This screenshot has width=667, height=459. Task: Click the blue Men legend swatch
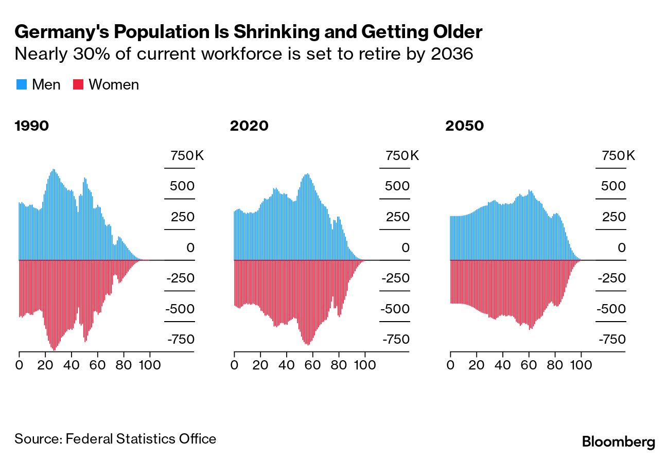[x=22, y=84]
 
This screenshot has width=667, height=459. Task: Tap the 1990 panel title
[x=32, y=126]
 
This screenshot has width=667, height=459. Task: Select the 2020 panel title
[x=249, y=126]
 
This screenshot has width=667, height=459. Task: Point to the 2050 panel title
[x=465, y=126]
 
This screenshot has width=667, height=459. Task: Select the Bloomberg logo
[x=618, y=442]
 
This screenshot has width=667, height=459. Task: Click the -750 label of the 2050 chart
[x=612, y=340]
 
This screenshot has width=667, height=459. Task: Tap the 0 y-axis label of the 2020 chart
[x=406, y=248]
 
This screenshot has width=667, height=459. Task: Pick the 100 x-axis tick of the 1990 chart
[x=150, y=365]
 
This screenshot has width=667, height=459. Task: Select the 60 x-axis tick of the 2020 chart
[x=312, y=365]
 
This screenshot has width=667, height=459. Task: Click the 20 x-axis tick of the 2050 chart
[x=477, y=365]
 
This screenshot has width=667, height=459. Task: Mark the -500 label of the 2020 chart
[x=396, y=309]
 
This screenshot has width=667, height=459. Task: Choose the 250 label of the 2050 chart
[x=613, y=217]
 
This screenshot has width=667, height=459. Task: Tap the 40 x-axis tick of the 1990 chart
[x=72, y=365]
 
